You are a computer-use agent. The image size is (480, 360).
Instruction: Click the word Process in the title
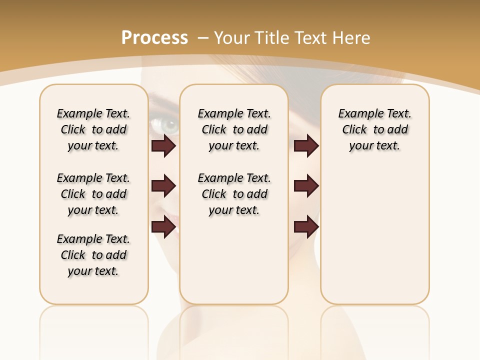154,38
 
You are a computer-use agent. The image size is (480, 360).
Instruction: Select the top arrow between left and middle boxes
163,146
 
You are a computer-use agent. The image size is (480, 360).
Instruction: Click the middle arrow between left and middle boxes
163,186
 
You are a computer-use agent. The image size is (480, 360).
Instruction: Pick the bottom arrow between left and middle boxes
163,226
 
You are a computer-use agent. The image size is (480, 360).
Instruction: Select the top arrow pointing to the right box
306,146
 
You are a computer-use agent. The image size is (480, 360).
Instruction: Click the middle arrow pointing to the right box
306,186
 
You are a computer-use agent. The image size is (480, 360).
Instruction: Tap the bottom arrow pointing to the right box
306,226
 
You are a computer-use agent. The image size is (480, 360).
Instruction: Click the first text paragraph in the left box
93,129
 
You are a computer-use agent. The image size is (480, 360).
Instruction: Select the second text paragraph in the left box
93,194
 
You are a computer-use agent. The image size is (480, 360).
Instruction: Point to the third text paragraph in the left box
93,255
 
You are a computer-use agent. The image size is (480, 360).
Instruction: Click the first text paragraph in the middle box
234,129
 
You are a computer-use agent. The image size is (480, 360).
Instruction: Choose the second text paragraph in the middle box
234,194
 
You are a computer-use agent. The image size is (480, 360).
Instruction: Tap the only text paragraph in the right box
374,129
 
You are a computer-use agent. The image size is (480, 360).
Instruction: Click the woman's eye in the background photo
169,125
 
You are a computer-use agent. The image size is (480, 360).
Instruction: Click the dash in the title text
202,38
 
